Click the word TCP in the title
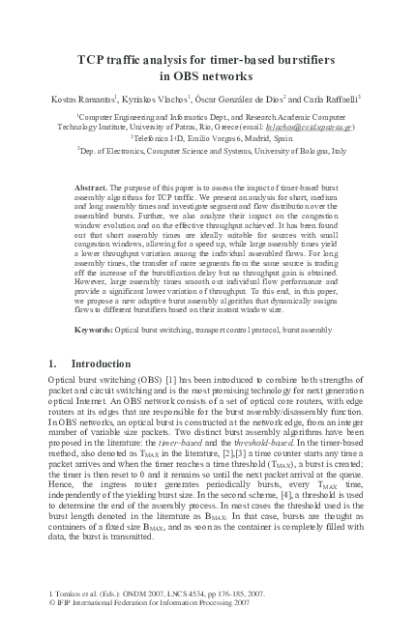(93, 60)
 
